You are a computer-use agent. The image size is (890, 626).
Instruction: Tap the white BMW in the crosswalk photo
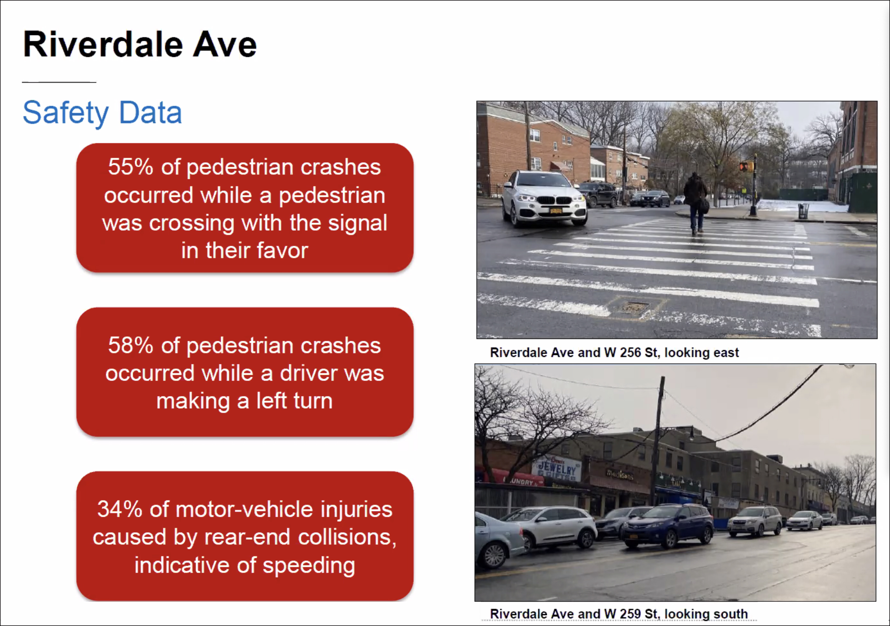[544, 198]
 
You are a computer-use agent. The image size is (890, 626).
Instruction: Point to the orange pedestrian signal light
[746, 167]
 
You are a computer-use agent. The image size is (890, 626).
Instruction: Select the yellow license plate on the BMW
[556, 211]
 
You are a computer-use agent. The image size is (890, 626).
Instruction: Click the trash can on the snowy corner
[803, 211]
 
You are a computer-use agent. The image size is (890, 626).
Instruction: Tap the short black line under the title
[59, 82]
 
